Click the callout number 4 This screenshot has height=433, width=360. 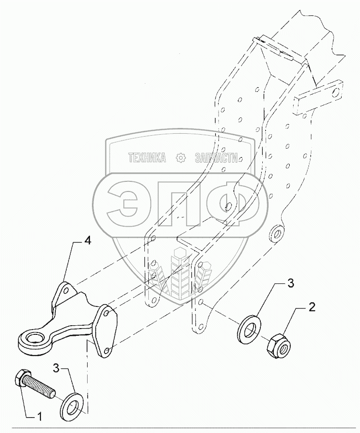point(88,240)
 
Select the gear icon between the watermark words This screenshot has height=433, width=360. point(180,158)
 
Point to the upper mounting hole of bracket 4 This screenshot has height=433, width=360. point(64,290)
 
